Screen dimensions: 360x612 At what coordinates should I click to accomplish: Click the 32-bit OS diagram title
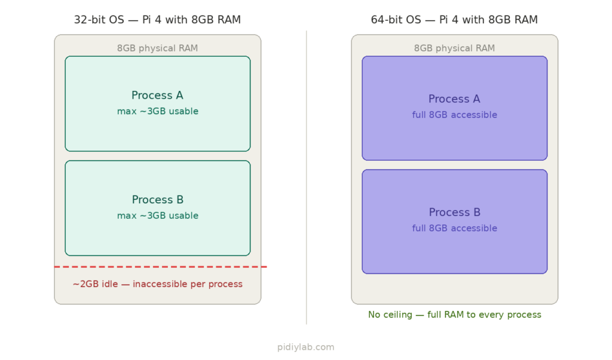pyautogui.click(x=157, y=20)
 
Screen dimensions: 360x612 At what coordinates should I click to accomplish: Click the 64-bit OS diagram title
pyautogui.click(x=454, y=20)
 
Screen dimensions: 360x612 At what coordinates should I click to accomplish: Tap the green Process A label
pyautogui.click(x=157, y=96)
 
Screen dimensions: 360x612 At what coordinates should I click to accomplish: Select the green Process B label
pyautogui.click(x=157, y=200)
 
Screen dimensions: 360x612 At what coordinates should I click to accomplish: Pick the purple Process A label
pyautogui.click(x=454, y=99)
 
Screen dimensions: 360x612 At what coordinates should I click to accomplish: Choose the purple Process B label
pyautogui.click(x=454, y=212)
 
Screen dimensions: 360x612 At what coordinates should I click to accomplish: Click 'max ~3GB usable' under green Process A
pyautogui.click(x=157, y=112)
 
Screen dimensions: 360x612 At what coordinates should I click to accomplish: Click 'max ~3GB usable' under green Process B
pyautogui.click(x=157, y=216)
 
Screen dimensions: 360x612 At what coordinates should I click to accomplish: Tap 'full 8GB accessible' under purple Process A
pyautogui.click(x=454, y=115)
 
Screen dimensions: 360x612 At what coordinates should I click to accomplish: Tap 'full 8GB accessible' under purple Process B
pyautogui.click(x=454, y=228)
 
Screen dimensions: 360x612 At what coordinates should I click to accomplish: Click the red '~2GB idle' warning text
pyautogui.click(x=157, y=284)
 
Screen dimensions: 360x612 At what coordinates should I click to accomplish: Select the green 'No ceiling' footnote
pyautogui.click(x=454, y=315)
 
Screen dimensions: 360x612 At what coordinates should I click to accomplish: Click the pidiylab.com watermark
pyautogui.click(x=305, y=347)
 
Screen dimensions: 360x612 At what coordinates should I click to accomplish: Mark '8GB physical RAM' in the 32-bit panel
pyautogui.click(x=157, y=48)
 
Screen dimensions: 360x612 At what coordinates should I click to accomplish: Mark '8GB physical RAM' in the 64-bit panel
pyautogui.click(x=454, y=48)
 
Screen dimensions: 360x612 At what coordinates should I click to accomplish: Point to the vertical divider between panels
pyautogui.click(x=307, y=179)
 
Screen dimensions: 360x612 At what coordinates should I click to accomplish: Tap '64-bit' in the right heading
pyautogui.click(x=385, y=20)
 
